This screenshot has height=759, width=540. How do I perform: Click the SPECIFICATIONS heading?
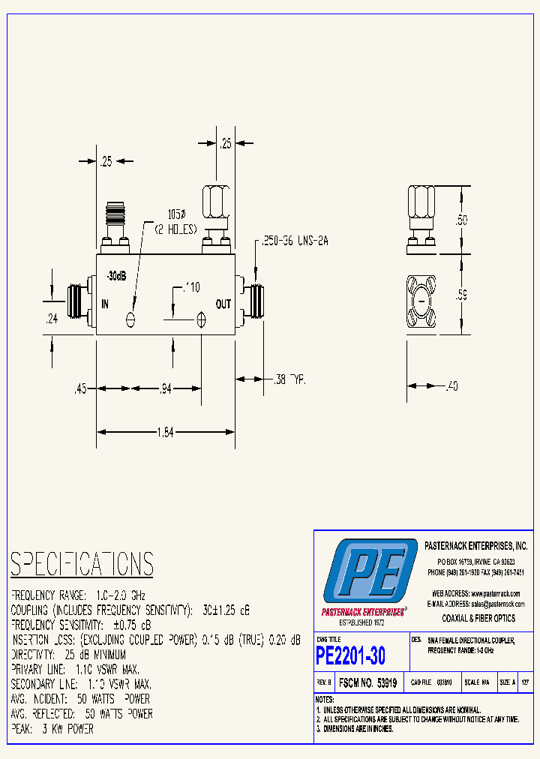coord(82,564)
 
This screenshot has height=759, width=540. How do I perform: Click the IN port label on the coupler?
coord(105,304)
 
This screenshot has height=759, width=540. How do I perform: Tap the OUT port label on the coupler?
coord(223,304)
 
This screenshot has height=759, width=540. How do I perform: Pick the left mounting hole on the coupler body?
coord(131,319)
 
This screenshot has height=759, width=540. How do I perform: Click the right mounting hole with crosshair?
coord(201,319)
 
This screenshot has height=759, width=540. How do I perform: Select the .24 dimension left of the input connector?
coord(52,318)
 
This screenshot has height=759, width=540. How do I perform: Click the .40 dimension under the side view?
coord(451,386)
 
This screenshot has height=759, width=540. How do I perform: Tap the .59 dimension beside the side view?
coord(462,295)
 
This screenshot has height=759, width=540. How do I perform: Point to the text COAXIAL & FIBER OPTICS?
coord(478,618)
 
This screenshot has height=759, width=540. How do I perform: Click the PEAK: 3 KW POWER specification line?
coord(52,728)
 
